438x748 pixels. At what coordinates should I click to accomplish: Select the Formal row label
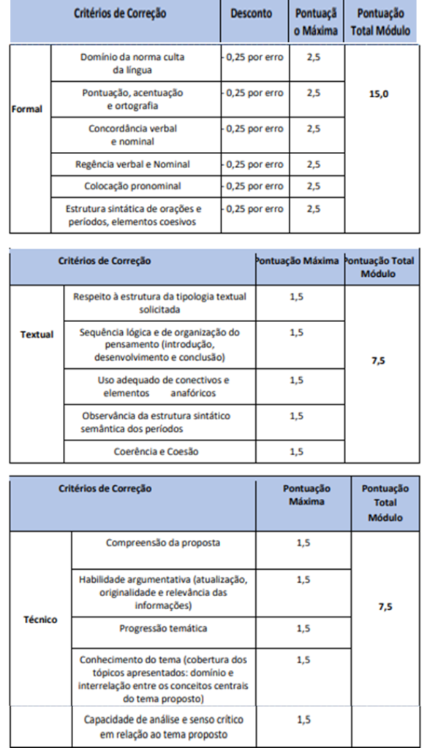pos(28,110)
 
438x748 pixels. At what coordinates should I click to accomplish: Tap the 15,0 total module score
pos(383,94)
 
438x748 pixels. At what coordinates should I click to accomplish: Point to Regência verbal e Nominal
pos(132,164)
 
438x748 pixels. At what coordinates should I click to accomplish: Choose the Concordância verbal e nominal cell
pos(133,135)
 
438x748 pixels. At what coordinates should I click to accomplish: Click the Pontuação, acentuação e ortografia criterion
pos(132,100)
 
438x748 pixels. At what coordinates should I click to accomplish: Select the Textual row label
pos(37,335)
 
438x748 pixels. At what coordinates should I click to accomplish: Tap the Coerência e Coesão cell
pos(156,451)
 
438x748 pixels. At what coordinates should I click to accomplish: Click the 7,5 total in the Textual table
pos(378,360)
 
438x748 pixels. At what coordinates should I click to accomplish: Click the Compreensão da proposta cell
pos(163,543)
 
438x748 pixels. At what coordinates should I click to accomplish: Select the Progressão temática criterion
pos(163,627)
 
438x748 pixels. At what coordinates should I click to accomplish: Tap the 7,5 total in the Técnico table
pos(385,606)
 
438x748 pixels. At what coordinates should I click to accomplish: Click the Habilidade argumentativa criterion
pos(163,592)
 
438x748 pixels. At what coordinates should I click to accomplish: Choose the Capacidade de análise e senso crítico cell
pos(163,726)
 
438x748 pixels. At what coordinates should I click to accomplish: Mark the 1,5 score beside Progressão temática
pos(303,628)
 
